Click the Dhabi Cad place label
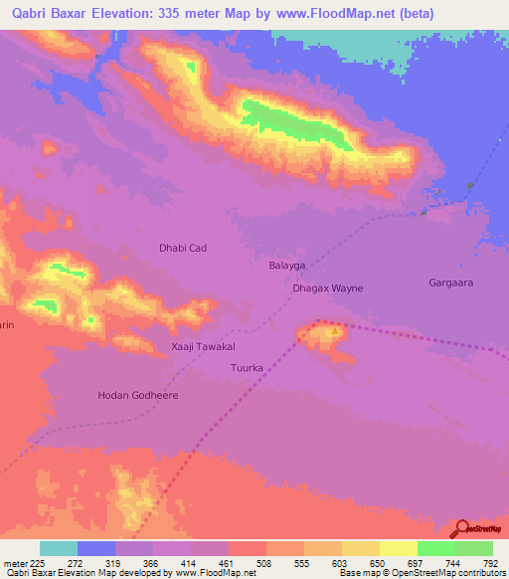[183, 248]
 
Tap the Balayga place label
[286, 267]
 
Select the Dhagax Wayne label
[328, 289]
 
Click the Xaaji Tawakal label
[203, 347]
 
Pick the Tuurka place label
[246, 367]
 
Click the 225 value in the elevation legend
[39, 562]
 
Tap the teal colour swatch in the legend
[59, 548]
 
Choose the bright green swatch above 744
[436, 548]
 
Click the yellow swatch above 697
[399, 548]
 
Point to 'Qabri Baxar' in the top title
[45, 14]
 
